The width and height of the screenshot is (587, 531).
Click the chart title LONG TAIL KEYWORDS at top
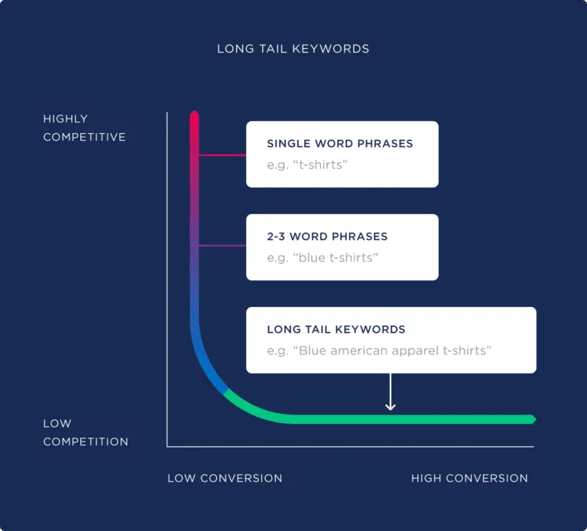point(293,49)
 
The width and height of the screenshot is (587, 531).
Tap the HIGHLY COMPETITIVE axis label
point(84,128)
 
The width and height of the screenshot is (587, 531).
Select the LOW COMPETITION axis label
point(86,432)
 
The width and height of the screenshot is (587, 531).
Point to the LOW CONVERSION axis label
point(225,478)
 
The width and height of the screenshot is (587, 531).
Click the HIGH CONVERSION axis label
point(469,478)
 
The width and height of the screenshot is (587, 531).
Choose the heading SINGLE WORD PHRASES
point(339,144)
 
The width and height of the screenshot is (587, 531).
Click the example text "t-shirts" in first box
point(319,165)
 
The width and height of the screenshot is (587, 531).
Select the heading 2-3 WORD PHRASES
point(327,236)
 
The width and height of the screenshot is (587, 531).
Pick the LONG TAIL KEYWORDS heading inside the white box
point(336,330)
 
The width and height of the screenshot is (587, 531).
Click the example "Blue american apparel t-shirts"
point(379,351)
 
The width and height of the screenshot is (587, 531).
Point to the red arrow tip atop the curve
point(194,115)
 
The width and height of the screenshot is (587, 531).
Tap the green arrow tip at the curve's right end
point(532,419)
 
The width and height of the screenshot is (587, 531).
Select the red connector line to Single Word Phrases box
point(222,155)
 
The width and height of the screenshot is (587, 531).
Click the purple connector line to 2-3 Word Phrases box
point(222,246)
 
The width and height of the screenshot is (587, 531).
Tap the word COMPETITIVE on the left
point(84,137)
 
